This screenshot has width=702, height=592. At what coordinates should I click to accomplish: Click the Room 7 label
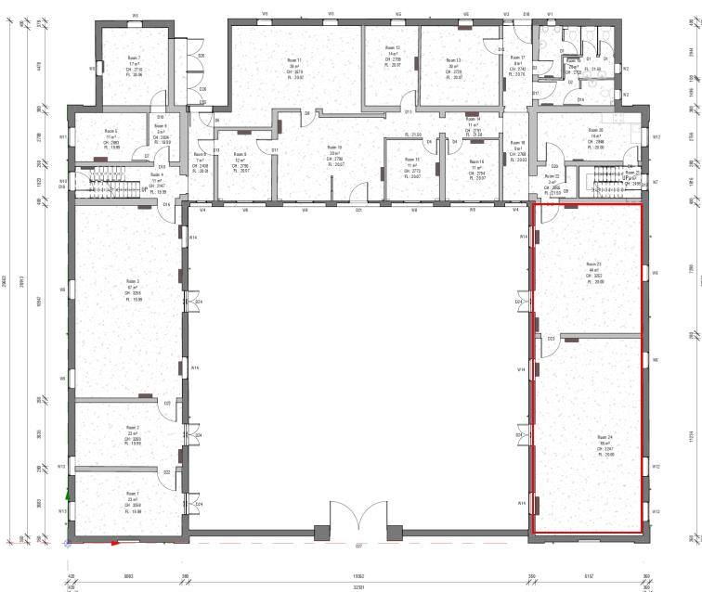pos(134,57)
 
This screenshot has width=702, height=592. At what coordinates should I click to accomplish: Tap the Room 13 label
pos(454,58)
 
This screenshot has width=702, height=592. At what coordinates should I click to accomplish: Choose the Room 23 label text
pos(594,264)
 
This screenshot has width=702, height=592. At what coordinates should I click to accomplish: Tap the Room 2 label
pos(133,428)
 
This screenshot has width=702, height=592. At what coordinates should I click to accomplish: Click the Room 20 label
pos(595,131)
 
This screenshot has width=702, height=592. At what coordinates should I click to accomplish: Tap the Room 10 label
pos(333,147)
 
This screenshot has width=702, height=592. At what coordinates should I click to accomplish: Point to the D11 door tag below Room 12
pos(409,110)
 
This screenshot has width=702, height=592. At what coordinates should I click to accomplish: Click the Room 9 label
pos(240,154)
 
